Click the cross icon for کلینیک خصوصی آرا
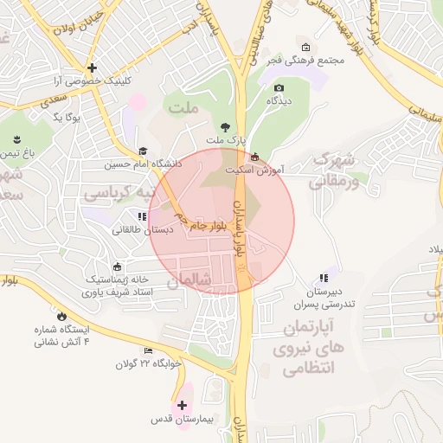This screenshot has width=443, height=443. (93, 67)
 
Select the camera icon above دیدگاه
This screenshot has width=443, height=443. (279, 87)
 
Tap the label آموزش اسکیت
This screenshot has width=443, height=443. (254, 170)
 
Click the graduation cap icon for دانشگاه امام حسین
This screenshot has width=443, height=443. (142, 151)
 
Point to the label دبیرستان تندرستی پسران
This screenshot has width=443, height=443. (323, 299)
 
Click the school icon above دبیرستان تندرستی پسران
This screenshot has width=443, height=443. (323, 279)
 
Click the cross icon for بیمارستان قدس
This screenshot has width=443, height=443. (182, 405)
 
